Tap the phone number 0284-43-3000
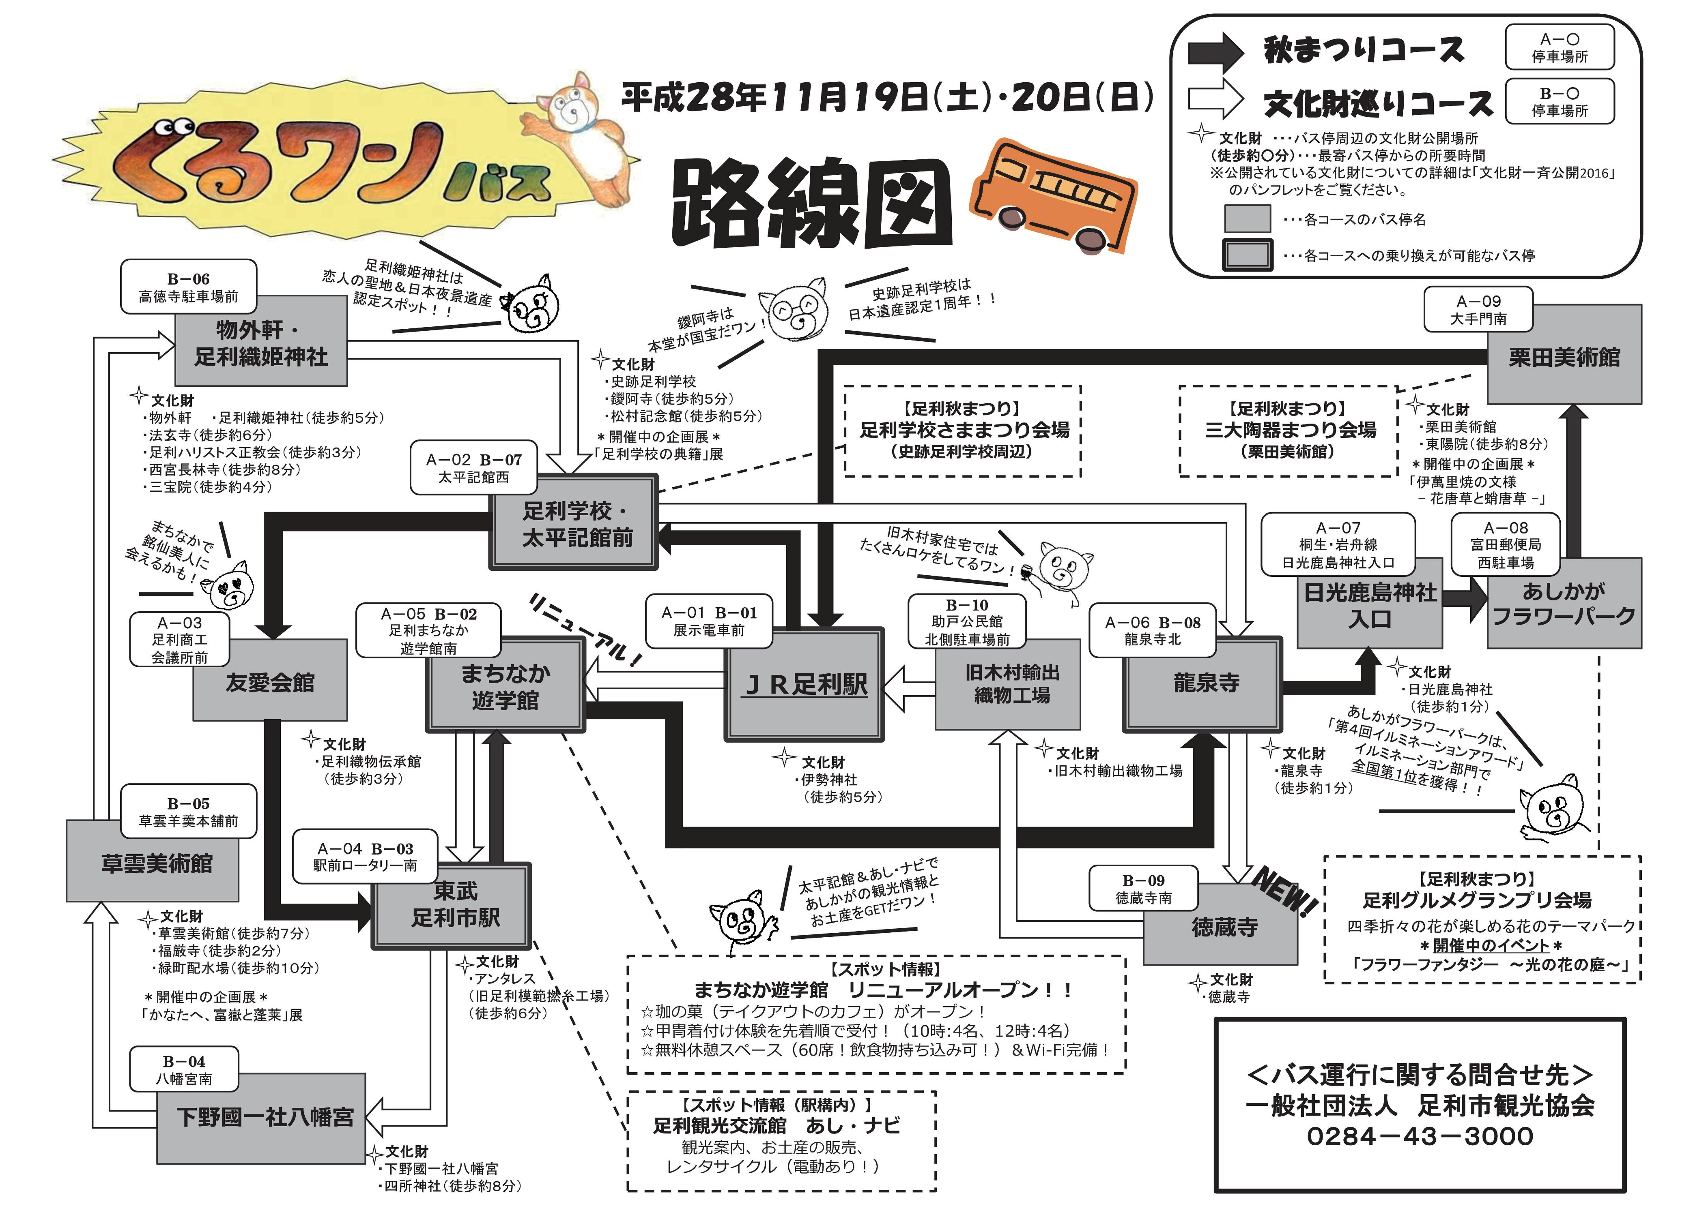pyautogui.click(x=1420, y=1136)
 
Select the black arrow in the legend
pyautogui.click(x=1215, y=51)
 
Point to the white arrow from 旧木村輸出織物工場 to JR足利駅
pyautogui.click(x=908, y=688)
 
